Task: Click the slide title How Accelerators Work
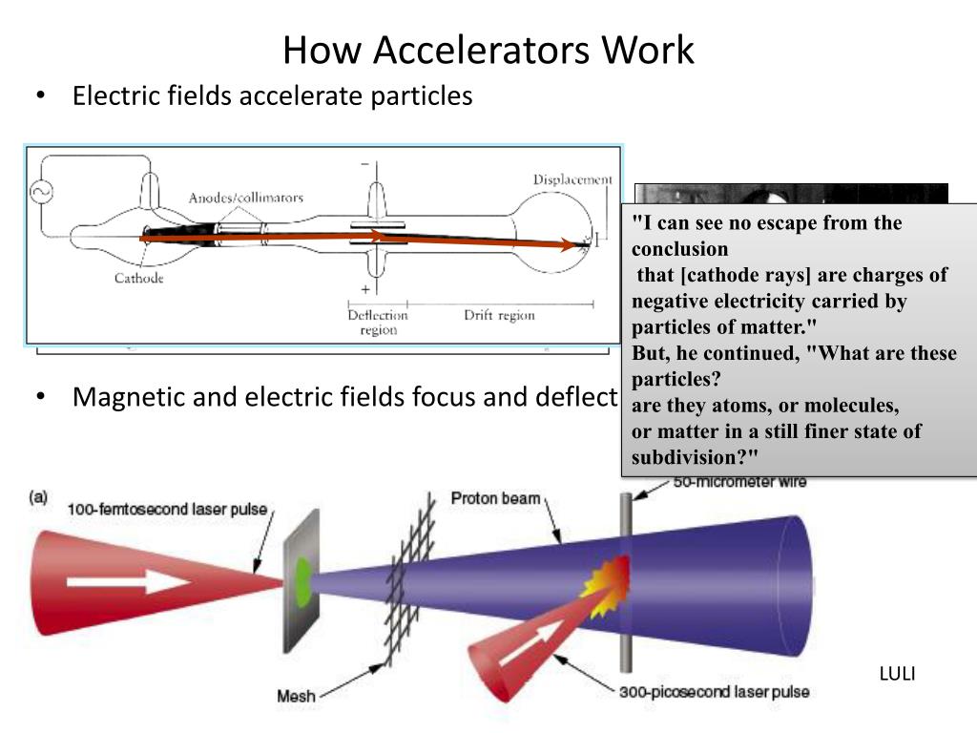[488, 50]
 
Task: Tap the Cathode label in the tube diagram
[139, 278]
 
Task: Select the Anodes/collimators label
[245, 198]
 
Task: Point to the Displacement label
[572, 179]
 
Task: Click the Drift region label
[499, 315]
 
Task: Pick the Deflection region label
[378, 323]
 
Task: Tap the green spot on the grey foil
[304, 576]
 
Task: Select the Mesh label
[296, 696]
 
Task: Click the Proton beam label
[495, 498]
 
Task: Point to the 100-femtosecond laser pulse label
[168, 509]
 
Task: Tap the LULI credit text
[897, 674]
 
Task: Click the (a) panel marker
[39, 496]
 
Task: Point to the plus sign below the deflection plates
[364, 288]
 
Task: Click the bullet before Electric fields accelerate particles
[40, 97]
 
